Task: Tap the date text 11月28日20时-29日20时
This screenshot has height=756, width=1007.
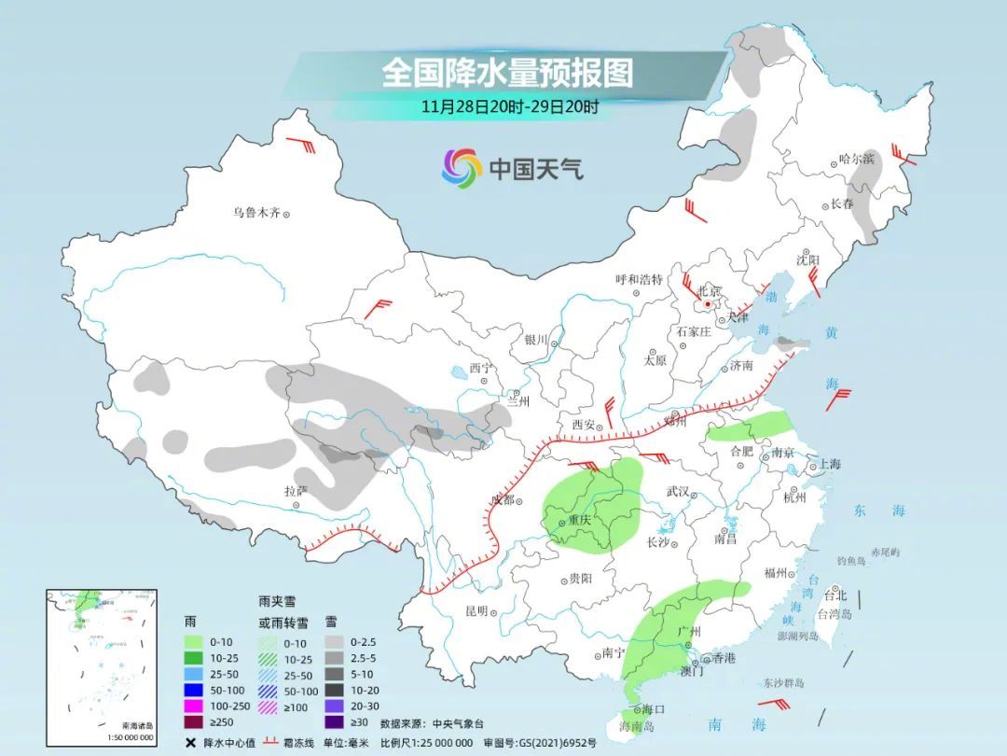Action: click(509, 106)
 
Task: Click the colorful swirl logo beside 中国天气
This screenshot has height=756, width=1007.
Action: click(462, 168)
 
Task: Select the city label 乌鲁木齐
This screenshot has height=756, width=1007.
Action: click(256, 213)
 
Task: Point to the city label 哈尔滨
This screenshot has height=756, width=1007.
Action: click(857, 159)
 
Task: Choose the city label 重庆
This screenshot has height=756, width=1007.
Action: click(579, 521)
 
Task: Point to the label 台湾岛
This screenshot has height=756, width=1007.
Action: click(835, 614)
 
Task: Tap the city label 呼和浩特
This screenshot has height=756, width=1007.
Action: click(639, 279)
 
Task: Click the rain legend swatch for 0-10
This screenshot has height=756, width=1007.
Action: click(195, 642)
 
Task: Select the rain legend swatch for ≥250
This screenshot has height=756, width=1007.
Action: click(195, 721)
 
